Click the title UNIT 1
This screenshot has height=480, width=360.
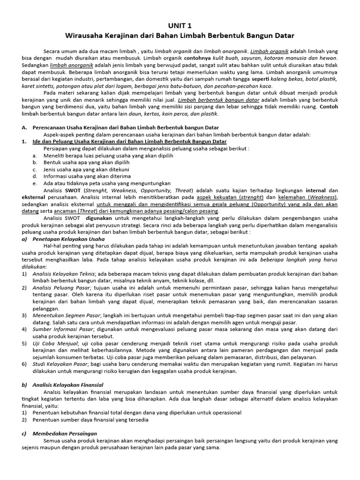click(180, 26)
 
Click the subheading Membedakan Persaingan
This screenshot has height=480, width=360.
click(65, 434)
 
